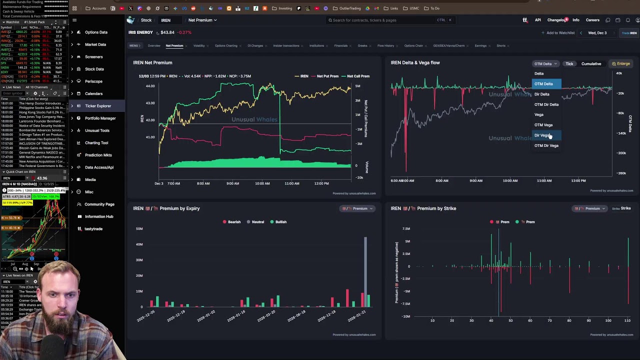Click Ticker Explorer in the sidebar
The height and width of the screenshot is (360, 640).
click(97, 106)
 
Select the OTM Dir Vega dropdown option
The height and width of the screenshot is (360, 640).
click(546, 145)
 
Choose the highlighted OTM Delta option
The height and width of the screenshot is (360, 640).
click(543, 84)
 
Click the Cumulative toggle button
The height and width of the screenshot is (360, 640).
click(591, 64)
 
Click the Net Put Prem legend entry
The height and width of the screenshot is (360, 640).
click(327, 76)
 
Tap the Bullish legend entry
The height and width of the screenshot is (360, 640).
click(280, 222)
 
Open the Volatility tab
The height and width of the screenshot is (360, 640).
click(199, 46)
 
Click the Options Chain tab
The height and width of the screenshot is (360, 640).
click(413, 46)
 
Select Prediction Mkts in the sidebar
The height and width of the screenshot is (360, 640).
click(98, 155)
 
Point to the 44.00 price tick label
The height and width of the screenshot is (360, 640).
click(150, 86)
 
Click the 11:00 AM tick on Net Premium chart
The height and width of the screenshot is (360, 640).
click(292, 183)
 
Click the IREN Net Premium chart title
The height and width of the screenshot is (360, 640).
click(152, 63)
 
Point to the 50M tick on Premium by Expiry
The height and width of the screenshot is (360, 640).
click(139, 228)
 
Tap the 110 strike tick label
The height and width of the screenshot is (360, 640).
click(627, 320)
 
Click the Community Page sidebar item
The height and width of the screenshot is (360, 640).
click(99, 204)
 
